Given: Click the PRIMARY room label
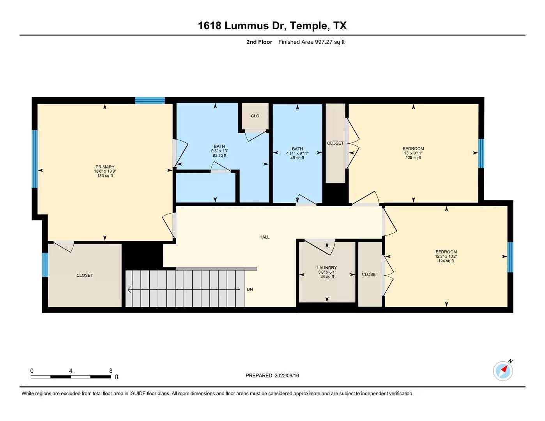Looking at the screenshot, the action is coord(105,167).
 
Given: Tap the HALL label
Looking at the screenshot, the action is coord(264,237).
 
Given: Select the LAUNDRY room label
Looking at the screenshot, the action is coord(327,267).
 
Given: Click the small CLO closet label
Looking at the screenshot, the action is coord(255,116).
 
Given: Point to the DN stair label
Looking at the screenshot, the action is coord(250,289).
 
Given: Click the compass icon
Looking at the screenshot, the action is coord(503,371).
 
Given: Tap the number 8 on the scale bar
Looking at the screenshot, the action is coord(111,371).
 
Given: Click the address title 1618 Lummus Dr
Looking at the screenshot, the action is coord(242,26).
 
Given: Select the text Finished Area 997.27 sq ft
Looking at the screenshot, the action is coord(311,42).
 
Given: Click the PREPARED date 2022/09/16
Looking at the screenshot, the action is coord(287,376).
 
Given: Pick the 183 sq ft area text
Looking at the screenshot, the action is coord(105,176).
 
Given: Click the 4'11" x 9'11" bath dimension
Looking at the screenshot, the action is coord(297,153).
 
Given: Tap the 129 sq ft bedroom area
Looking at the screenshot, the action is coord(413,157).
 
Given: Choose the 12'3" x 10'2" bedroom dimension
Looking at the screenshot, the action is coord(446,256).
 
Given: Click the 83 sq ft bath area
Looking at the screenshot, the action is coord(219,155).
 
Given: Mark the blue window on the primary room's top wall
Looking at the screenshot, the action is coord(150,100).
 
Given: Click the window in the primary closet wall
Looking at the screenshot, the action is coord(45,265).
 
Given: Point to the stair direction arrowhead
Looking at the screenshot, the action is coord(130,290).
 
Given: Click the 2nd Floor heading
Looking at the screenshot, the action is coord(259,42).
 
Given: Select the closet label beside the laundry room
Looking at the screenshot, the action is coord(370,274).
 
